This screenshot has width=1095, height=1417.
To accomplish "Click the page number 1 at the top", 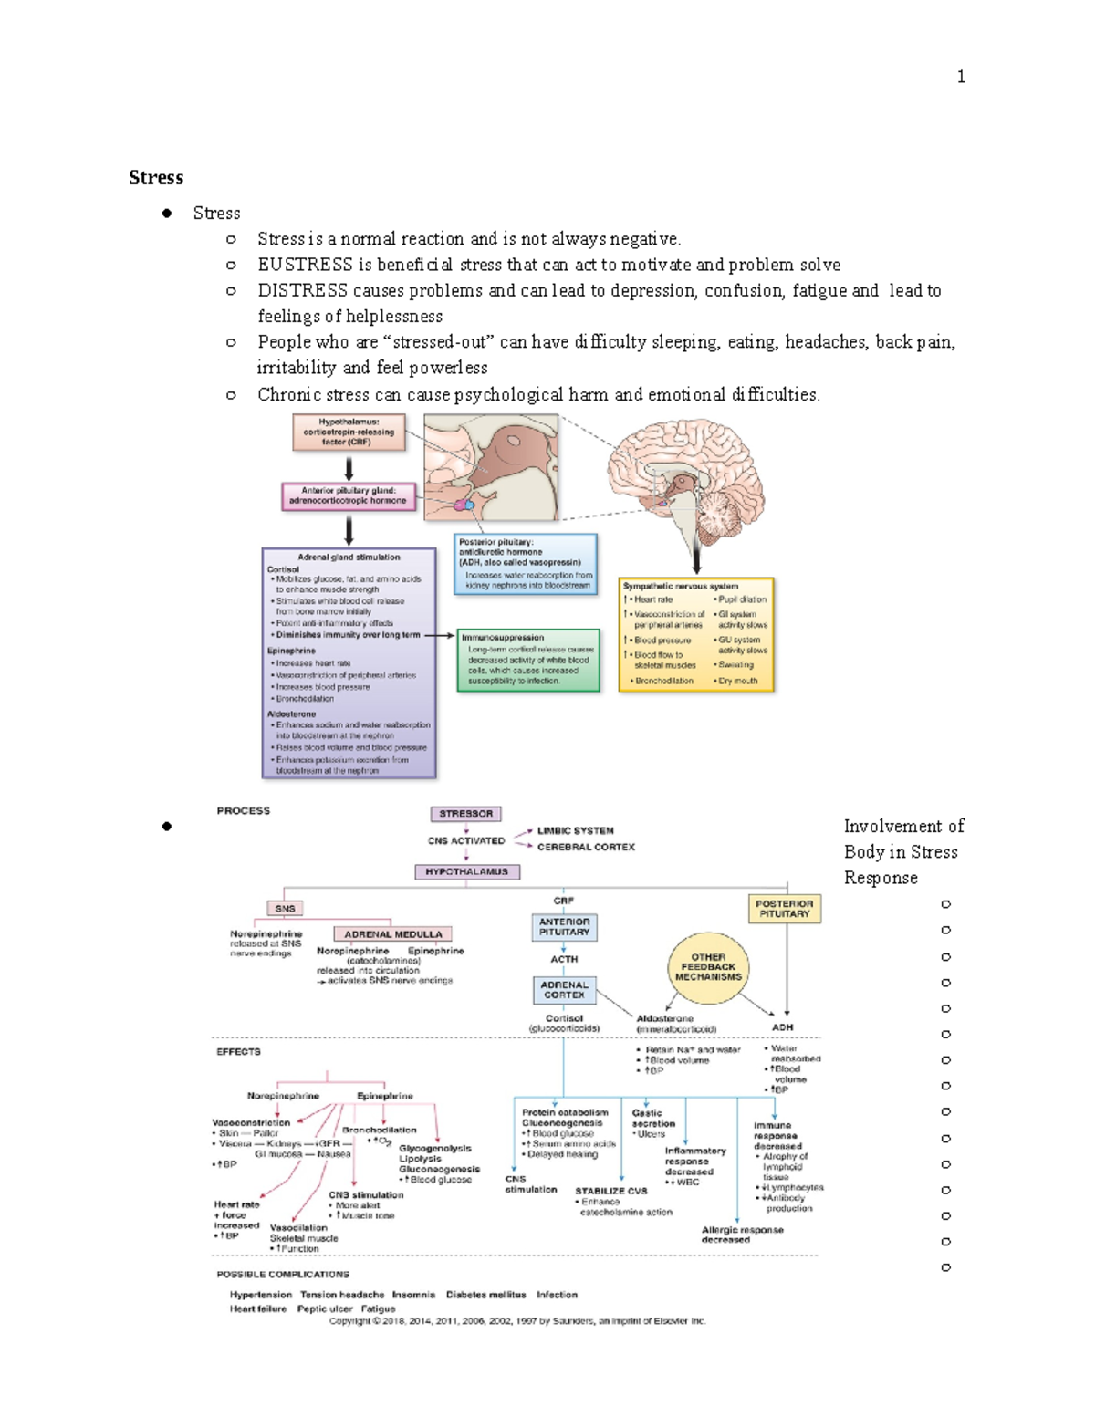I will [960, 77].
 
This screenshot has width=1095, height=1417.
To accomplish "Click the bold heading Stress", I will [156, 178].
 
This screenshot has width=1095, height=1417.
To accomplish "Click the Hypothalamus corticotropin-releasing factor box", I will [349, 432].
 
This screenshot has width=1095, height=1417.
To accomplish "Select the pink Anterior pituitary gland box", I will [349, 495].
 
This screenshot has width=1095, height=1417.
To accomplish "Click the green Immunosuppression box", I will [528, 660].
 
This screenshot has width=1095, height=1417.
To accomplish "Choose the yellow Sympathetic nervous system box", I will [696, 634].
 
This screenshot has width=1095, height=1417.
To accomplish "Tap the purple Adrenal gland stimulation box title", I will [349, 557].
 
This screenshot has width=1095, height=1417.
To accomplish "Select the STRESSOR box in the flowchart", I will [465, 814].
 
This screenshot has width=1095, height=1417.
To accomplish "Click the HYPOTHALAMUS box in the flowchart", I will [466, 871].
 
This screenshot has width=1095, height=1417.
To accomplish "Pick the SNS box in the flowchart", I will [285, 909].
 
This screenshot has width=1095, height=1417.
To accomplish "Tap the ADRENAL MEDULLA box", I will [392, 934].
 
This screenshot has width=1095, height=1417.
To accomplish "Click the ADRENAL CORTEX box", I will [564, 990].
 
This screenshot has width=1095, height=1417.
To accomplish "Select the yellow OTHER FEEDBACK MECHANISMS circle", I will [708, 967].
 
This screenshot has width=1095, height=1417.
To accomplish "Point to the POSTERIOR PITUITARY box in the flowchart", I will [784, 909].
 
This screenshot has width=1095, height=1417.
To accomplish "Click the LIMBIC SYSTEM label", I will [575, 831].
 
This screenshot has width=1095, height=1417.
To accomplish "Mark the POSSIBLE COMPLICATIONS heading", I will [283, 1275].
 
